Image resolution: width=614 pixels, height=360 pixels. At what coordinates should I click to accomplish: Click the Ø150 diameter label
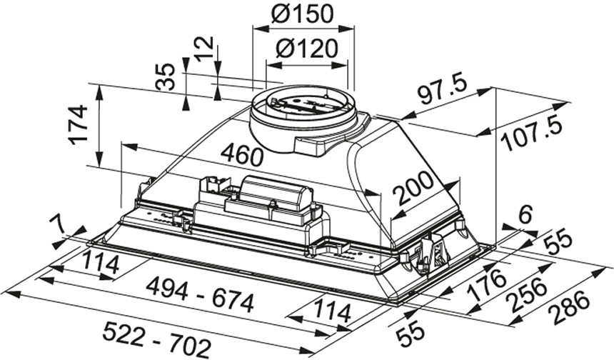304,13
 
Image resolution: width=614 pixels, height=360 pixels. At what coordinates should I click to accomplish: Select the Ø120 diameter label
307,49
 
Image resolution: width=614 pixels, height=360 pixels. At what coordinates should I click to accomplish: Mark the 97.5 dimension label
442,90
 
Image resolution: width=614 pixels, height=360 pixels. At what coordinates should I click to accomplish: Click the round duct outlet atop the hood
303,114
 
